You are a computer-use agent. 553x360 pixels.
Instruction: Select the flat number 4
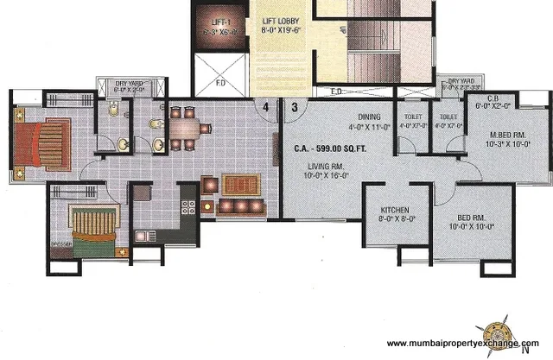pos(267,108)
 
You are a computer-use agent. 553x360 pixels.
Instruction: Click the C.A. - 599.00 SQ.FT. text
pos(329,148)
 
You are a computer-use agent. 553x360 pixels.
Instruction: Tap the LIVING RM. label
pos(325,167)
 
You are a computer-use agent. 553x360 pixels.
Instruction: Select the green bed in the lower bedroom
pos(90,226)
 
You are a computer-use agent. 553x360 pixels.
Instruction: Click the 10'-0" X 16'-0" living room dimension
pos(325,176)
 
